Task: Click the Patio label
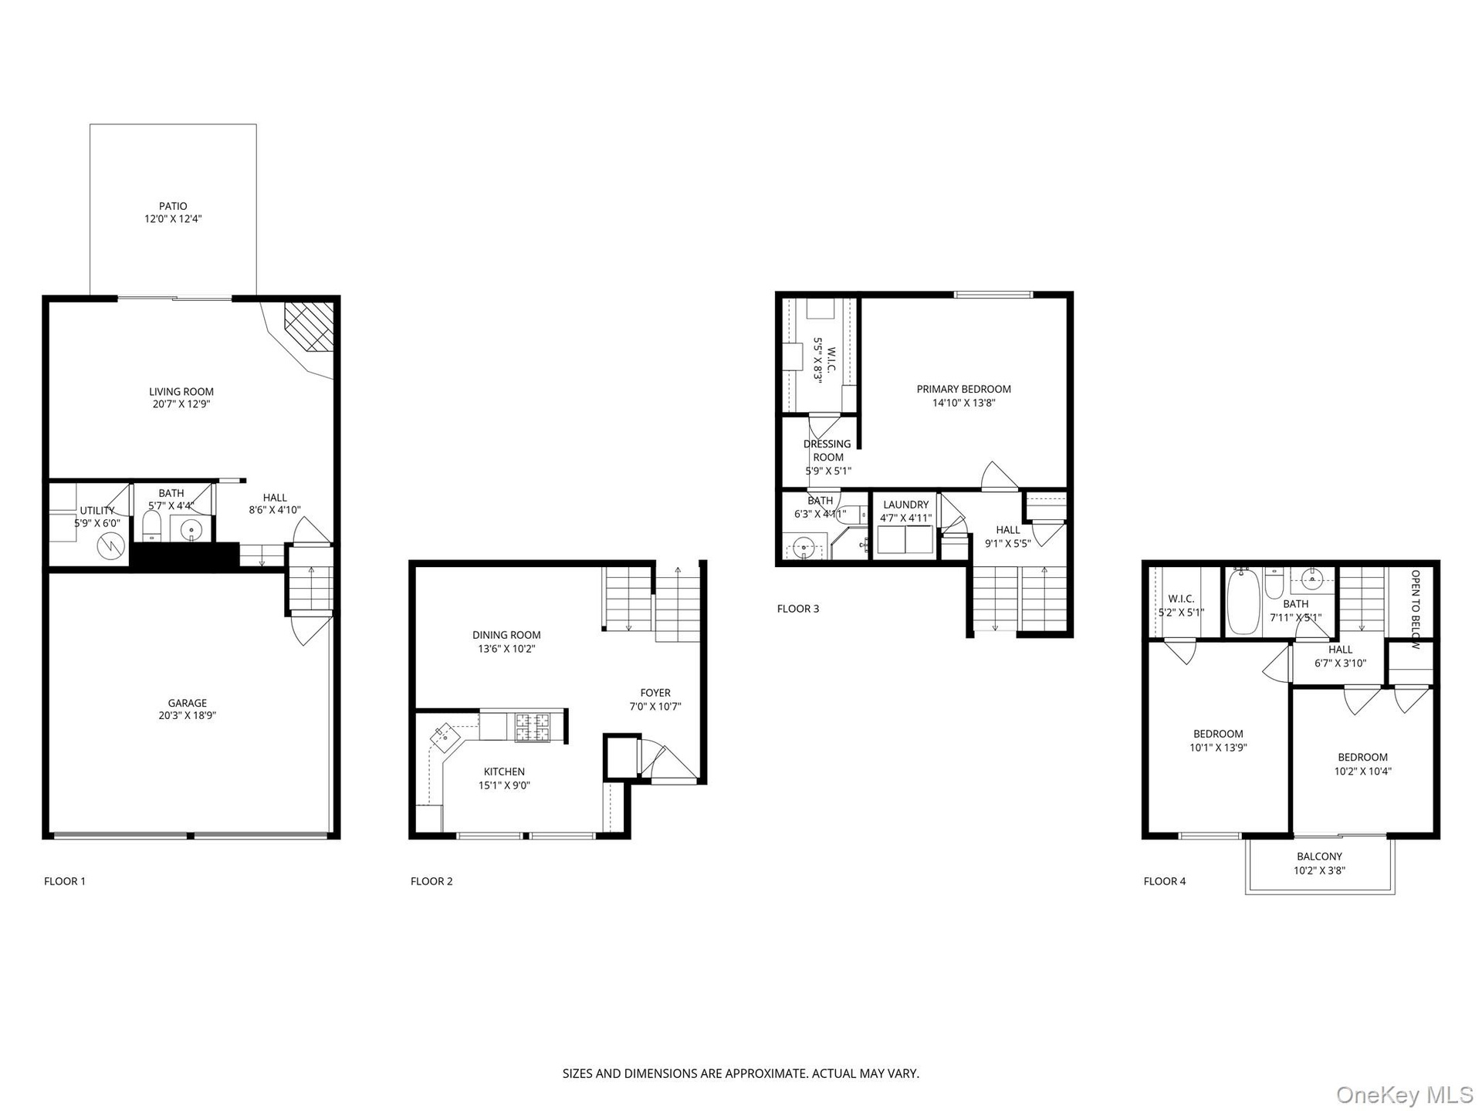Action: tap(173, 206)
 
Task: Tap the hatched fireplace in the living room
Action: tap(310, 326)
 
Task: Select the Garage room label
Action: tap(188, 703)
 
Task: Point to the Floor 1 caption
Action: tap(65, 881)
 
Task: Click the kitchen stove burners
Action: tap(533, 726)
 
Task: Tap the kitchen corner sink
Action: tap(444, 735)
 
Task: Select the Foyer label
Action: tap(655, 693)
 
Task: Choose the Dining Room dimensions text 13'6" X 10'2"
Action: tap(506, 649)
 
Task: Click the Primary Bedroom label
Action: tap(964, 389)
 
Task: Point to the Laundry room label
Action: tap(906, 505)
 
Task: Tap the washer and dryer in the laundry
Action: tap(906, 540)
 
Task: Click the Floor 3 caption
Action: tap(798, 609)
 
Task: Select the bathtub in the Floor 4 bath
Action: tap(1243, 601)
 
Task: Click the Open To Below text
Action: tap(1415, 610)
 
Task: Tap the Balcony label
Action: tap(1319, 856)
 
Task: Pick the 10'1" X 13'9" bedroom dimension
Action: tap(1218, 748)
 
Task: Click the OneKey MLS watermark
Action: tap(1404, 1094)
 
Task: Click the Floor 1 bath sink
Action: tap(190, 530)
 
